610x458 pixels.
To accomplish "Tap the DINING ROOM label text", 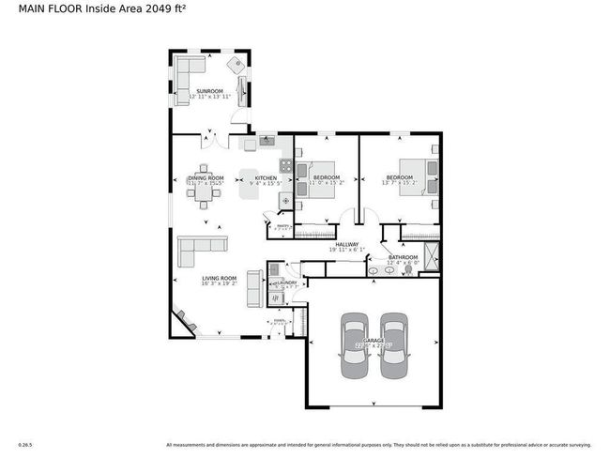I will (205, 177).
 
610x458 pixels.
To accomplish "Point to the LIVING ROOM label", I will (221, 279).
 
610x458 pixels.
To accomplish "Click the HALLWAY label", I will (347, 244).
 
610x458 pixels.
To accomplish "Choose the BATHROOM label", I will (403, 256).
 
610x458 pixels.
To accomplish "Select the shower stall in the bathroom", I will (430, 255).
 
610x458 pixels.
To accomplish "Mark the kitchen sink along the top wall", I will (266, 142).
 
